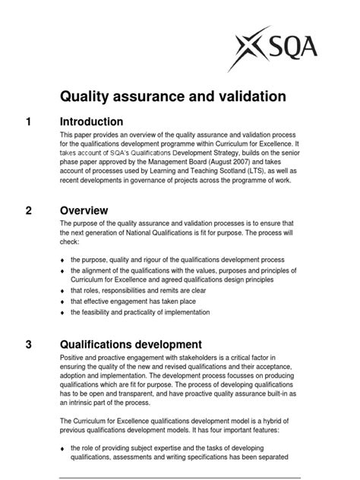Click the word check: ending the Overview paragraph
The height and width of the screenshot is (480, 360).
(x=70, y=244)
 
